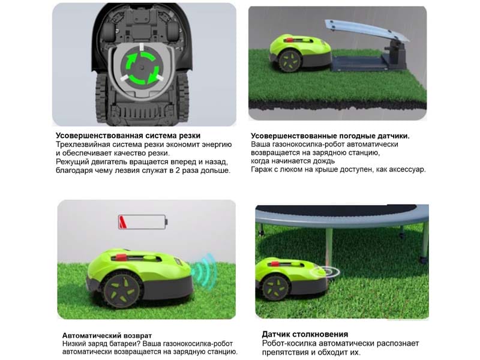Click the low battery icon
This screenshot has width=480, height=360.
[x=143, y=222]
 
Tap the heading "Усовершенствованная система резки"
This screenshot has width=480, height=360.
[x=128, y=136]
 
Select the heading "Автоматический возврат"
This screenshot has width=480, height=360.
[x=107, y=335]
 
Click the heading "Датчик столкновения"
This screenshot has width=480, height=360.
[x=305, y=334]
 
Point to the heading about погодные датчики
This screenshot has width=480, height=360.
[x=330, y=136]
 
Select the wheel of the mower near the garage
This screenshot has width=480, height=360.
[x=289, y=61]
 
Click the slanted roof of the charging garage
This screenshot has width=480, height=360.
[x=367, y=30]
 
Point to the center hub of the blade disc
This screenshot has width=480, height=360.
[x=141, y=68]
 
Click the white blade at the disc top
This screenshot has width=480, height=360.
[x=142, y=47]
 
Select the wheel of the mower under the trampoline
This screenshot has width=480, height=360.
[x=275, y=287]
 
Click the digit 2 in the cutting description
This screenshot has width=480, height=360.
[x=177, y=170]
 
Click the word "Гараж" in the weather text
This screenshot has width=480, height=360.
[x=261, y=169]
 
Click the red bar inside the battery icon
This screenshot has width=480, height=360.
[x=123, y=222]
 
